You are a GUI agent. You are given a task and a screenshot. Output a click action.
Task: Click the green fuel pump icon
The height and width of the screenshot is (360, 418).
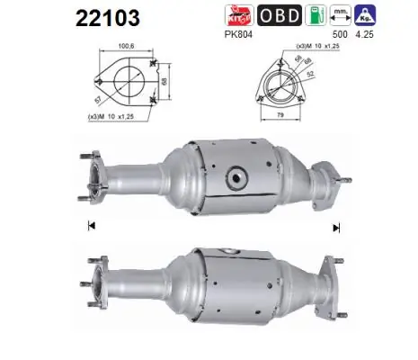[x=316, y=15]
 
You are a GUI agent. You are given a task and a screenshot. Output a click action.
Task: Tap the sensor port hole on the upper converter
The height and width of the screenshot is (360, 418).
[x=237, y=176]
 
